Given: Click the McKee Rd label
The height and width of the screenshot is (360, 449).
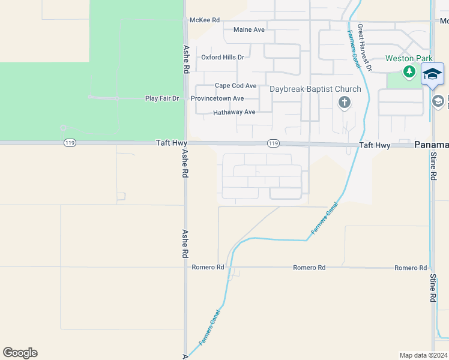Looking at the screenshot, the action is click(204, 20).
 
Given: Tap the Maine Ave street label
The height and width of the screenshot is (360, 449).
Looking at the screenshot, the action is click(249, 29).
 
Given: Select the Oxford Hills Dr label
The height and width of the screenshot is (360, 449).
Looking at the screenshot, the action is click(223, 57).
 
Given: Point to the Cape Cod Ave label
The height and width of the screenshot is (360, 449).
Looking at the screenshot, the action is click(235, 86).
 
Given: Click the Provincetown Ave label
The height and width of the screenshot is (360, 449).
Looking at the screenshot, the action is click(217, 98).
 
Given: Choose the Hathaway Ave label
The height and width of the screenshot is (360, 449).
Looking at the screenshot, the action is click(234, 112).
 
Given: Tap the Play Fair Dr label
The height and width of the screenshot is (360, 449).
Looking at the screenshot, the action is click(162, 98).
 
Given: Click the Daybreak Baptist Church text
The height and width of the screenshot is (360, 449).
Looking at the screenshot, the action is click(315, 89).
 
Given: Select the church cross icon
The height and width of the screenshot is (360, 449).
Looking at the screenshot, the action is click(345, 102).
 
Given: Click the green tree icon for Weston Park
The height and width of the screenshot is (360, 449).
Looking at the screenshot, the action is click(409, 72).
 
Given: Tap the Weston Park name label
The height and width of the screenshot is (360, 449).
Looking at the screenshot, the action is click(408, 58).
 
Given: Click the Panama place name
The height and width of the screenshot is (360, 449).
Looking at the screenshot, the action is click(431, 145).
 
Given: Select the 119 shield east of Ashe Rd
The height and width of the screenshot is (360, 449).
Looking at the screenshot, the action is click(273, 143).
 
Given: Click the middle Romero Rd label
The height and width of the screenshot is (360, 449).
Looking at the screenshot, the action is click(309, 267).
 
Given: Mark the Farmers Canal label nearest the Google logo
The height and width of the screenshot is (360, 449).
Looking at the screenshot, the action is click(210, 327).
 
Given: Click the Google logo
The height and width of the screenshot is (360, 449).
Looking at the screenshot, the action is click(20, 353).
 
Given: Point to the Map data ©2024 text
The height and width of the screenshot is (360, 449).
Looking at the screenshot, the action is click(423, 355).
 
